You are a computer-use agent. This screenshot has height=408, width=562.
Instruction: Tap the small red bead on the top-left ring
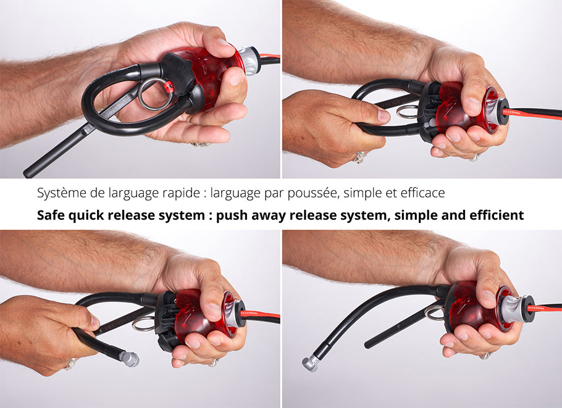(x=168, y=86)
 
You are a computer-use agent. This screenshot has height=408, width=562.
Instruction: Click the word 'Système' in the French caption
(x=62, y=193)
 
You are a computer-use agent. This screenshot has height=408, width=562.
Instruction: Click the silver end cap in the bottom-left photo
(x=129, y=359)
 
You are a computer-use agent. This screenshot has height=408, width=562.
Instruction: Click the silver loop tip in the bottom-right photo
(x=311, y=363)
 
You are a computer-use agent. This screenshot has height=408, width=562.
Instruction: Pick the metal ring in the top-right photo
(x=407, y=112)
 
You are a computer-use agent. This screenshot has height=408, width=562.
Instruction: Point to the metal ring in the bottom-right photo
(x=433, y=313)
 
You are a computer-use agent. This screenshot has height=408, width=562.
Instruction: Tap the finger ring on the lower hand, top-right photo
(x=360, y=157)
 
